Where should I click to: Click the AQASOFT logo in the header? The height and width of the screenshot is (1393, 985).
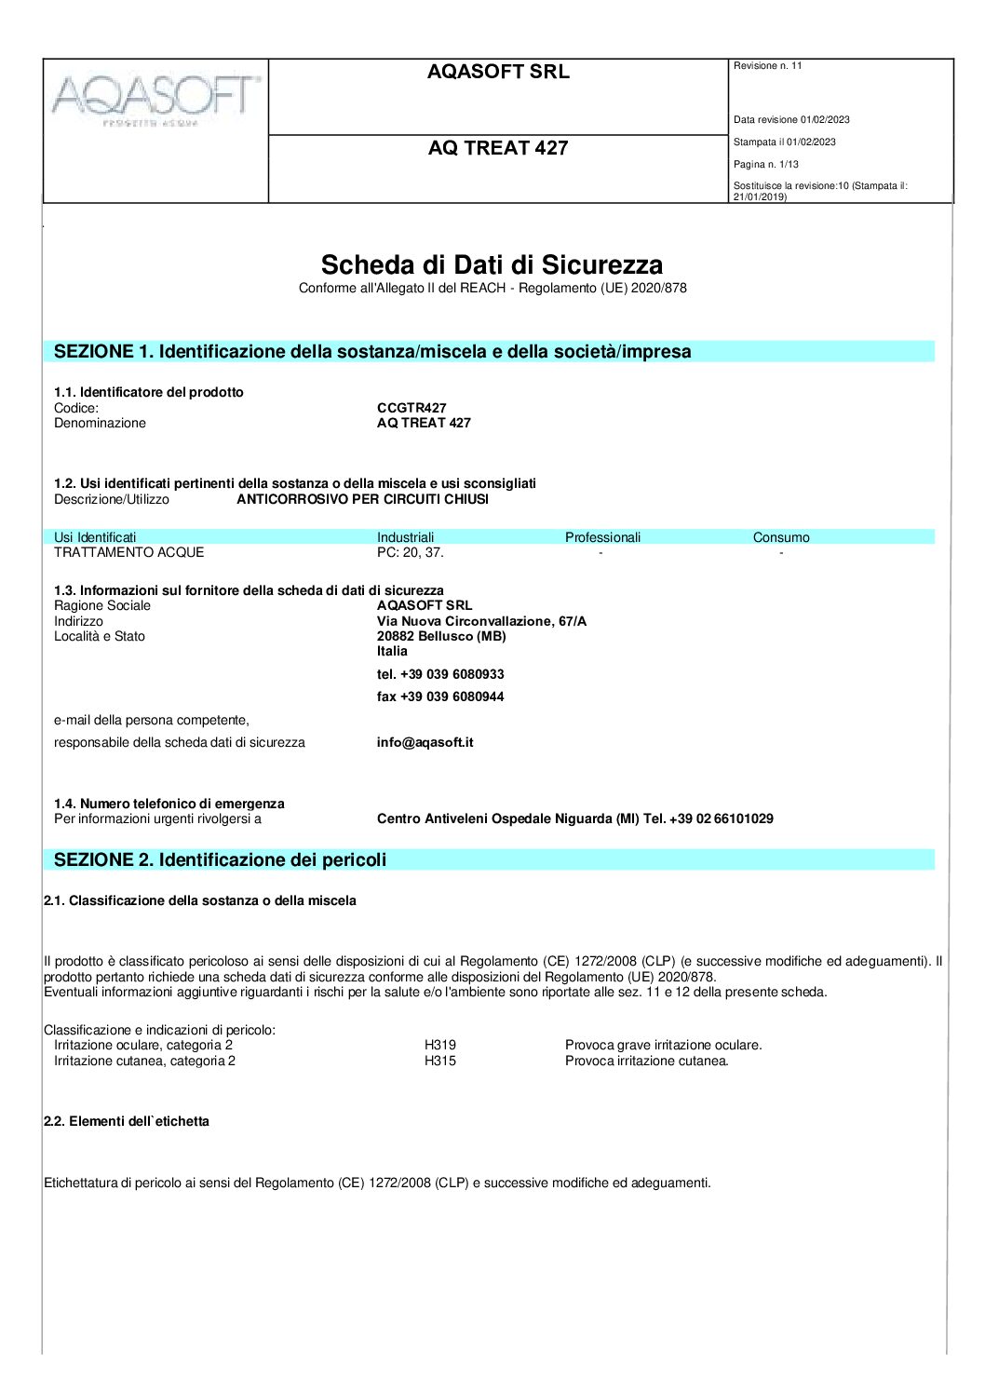tap(155, 98)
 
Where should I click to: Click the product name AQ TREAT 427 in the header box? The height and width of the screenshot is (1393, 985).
tap(498, 148)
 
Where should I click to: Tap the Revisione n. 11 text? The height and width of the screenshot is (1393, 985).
tap(767, 66)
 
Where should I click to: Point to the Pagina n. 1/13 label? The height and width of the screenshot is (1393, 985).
tap(765, 165)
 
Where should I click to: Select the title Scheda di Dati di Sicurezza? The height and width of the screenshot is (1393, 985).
tap(492, 264)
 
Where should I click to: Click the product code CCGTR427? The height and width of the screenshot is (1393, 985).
tap(412, 408)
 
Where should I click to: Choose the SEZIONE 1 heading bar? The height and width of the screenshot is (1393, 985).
tap(488, 351)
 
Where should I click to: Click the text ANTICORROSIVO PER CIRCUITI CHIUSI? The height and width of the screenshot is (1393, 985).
tap(362, 499)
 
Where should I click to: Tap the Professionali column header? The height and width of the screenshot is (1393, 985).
tap(602, 537)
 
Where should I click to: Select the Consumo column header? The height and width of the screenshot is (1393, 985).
tap(781, 537)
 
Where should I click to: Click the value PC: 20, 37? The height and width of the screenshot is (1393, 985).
tap(411, 552)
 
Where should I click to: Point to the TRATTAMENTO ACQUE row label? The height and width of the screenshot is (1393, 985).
tap(128, 552)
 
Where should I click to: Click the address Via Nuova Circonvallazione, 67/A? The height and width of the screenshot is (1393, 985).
tap(481, 621)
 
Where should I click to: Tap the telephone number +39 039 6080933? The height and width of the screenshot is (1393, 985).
tap(440, 674)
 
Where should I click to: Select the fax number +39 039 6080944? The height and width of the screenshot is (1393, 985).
tap(440, 696)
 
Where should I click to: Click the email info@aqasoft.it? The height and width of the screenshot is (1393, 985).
tap(425, 742)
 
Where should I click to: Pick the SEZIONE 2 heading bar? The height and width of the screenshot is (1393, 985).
tap(488, 859)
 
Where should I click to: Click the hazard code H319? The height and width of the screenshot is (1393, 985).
tap(440, 1045)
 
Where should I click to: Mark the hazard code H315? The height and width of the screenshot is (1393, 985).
tap(440, 1061)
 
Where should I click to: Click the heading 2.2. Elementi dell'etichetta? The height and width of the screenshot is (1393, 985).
tap(127, 1121)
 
